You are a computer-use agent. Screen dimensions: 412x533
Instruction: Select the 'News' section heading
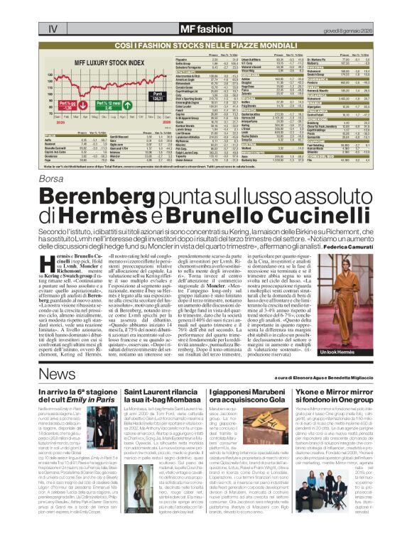(53, 373)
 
